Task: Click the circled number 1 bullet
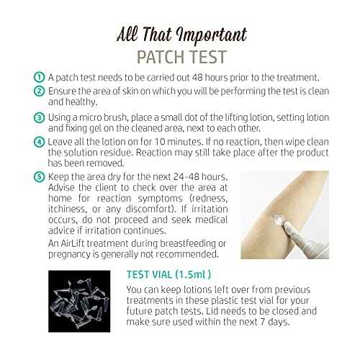39,77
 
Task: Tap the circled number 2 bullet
39,91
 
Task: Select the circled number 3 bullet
39,118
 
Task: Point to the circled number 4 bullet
39,142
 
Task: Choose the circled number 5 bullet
39,177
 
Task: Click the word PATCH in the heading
158,57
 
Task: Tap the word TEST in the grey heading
204,57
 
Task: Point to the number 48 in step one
197,78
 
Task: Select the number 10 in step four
159,142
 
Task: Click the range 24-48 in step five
186,177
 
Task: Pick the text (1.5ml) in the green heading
193,274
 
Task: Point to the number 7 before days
263,322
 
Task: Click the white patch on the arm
279,219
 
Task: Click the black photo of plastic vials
79,301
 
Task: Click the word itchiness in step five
67,209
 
